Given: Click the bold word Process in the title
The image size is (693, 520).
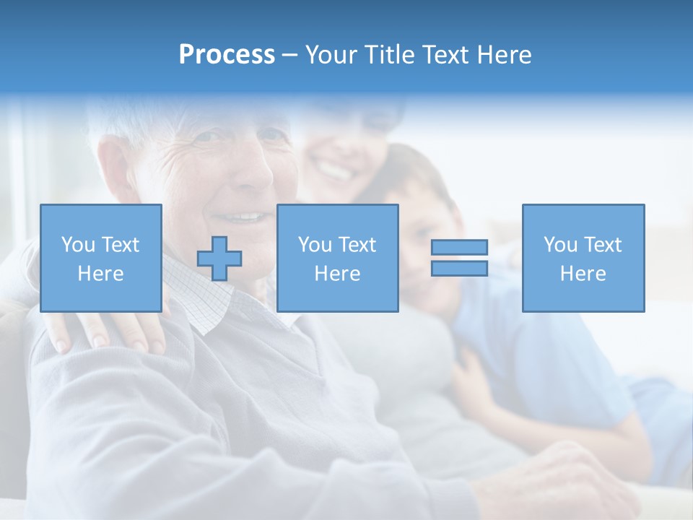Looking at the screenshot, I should click(227, 54).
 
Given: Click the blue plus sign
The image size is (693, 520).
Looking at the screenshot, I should click(219, 259).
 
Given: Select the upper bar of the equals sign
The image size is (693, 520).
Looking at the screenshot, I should click(459, 248).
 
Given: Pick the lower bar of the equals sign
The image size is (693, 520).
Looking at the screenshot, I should click(459, 269).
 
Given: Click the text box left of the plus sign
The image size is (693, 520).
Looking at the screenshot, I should click(101, 259).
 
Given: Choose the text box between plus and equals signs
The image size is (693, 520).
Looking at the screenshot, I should click(337, 259).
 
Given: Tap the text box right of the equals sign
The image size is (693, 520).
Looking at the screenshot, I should click(583, 259).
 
